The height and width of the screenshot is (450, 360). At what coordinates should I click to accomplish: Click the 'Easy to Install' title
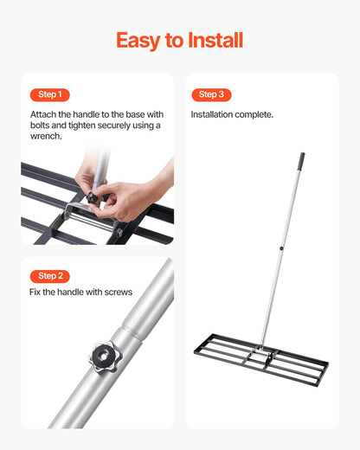tap(180, 40)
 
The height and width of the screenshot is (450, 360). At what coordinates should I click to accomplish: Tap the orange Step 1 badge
tap(50, 94)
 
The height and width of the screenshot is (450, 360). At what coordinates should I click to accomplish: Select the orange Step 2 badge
tap(50, 276)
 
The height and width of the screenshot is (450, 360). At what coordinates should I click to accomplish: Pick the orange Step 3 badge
tap(211, 94)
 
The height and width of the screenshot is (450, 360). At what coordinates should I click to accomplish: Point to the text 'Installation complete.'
tap(232, 114)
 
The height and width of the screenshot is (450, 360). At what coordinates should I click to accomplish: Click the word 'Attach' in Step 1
tap(43, 114)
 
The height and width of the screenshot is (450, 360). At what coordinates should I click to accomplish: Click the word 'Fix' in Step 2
tap(36, 292)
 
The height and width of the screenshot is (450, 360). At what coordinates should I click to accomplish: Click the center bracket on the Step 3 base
tap(260, 357)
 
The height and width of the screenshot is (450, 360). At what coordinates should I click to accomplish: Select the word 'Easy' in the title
tap(138, 40)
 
